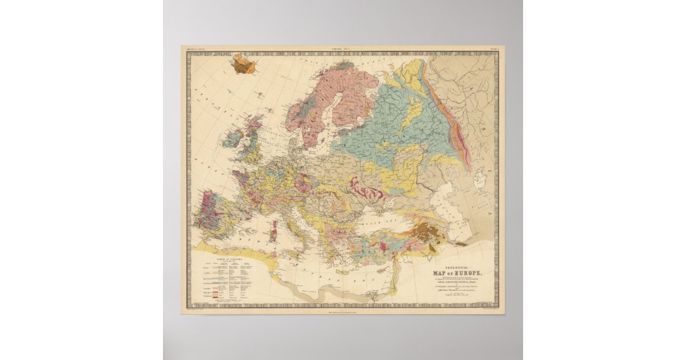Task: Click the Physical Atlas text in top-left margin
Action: [x=196, y=50]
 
